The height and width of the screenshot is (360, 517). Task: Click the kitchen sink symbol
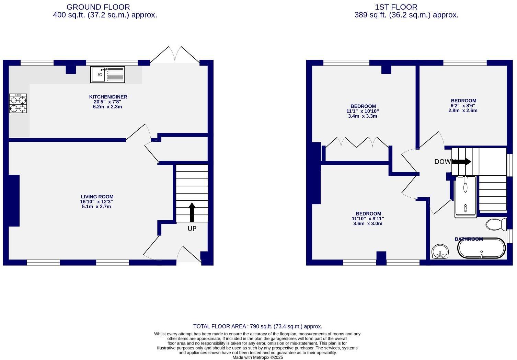pyautogui.click(x=107, y=74)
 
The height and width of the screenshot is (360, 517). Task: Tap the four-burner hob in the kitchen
pyautogui.click(x=18, y=104)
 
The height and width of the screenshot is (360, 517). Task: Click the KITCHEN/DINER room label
pyautogui.click(x=108, y=97)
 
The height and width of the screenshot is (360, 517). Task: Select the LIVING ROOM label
pyautogui.click(x=97, y=197)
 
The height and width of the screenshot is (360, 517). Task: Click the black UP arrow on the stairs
pyautogui.click(x=192, y=212)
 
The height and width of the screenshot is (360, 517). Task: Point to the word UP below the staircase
pyautogui.click(x=192, y=229)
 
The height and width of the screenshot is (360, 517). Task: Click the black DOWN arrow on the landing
pyautogui.click(x=462, y=161)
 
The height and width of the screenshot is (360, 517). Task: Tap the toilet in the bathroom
pyautogui.click(x=496, y=224)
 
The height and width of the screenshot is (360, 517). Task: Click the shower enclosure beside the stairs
pyautogui.click(x=466, y=197)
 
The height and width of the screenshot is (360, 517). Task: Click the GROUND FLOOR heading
pyautogui.click(x=98, y=7)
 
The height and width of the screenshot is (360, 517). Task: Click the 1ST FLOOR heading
pyautogui.click(x=396, y=7)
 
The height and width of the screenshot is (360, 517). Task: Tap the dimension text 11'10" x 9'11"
pyautogui.click(x=368, y=219)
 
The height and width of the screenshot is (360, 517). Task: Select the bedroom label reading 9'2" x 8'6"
pyautogui.click(x=463, y=106)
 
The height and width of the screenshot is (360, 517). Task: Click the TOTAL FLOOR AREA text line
pyautogui.click(x=257, y=326)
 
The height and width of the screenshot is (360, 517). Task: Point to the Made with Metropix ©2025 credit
pyautogui.click(x=257, y=357)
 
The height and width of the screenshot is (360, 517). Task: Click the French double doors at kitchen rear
pyautogui.click(x=175, y=55)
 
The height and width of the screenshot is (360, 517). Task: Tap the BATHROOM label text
pyautogui.click(x=469, y=239)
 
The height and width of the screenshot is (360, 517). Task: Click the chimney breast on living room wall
pyautogui.click(x=14, y=200)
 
